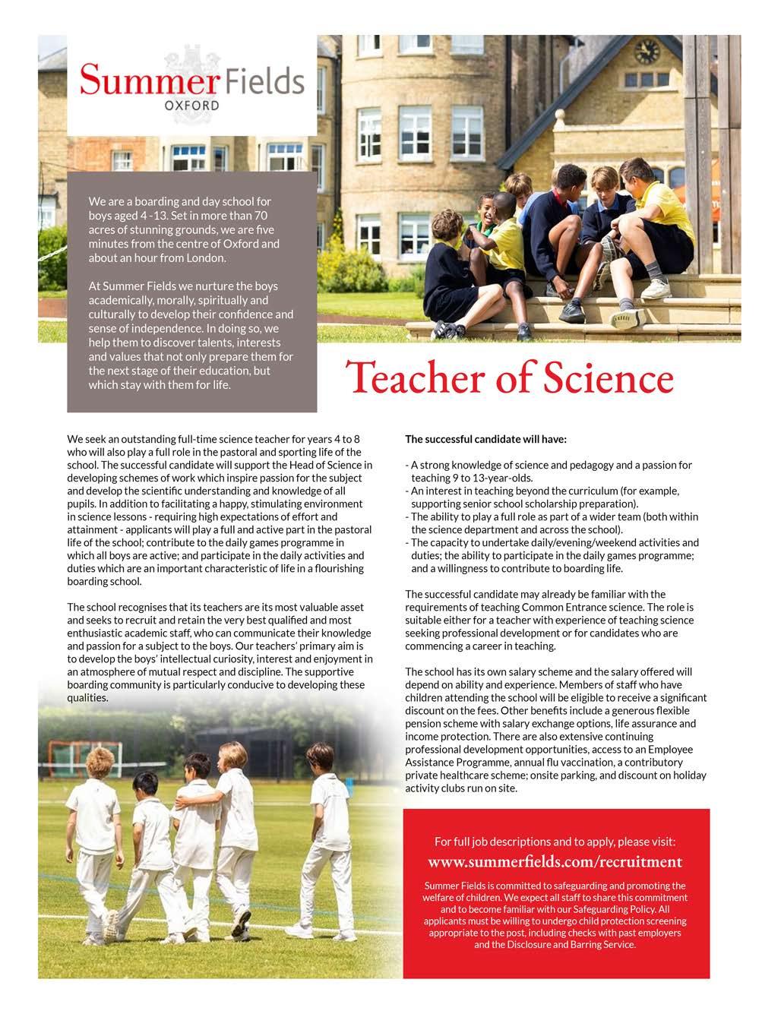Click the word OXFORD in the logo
pyautogui.click(x=191, y=105)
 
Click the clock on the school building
pyautogui.click(x=647, y=52)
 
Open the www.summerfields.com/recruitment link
pyautogui.click(x=555, y=862)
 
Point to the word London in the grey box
pyautogui.click(x=206, y=257)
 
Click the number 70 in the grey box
pyautogui.click(x=258, y=216)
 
